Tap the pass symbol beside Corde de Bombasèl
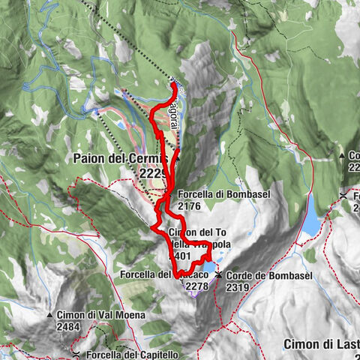(218, 275)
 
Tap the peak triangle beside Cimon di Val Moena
(49, 315)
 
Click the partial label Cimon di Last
(321, 343)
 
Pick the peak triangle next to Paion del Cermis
(178, 158)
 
